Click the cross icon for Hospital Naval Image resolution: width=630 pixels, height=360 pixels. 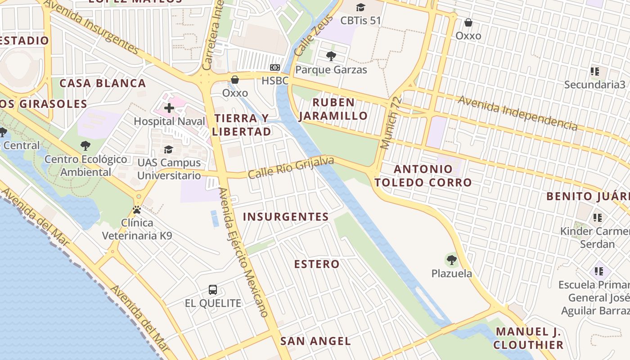(x=169, y=108)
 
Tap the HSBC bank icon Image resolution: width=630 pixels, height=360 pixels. (x=274, y=68)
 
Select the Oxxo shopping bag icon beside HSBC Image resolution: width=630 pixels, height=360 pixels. (x=234, y=80)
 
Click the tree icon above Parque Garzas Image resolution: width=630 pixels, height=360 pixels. (x=331, y=56)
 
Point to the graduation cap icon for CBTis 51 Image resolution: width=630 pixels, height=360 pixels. (x=360, y=7)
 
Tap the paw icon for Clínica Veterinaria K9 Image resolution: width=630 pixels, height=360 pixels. (x=137, y=210)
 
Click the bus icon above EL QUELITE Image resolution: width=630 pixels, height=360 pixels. (x=213, y=290)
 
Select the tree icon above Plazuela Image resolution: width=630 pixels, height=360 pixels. (x=451, y=260)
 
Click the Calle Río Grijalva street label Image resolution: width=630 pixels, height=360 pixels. (x=291, y=167)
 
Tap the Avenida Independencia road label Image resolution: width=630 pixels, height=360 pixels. (x=517, y=112)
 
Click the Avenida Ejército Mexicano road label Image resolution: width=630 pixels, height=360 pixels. (x=243, y=252)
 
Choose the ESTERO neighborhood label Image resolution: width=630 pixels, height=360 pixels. (x=317, y=264)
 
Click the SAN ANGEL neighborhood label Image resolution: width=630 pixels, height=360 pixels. (x=315, y=341)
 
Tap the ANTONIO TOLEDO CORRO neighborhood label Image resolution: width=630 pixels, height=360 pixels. (x=423, y=176)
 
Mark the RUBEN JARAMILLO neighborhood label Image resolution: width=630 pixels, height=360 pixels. (x=333, y=109)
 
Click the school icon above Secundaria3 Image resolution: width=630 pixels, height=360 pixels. (x=594, y=72)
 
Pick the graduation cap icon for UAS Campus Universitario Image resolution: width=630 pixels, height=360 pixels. (x=169, y=149)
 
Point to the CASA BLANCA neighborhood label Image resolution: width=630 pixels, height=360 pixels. (x=103, y=83)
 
